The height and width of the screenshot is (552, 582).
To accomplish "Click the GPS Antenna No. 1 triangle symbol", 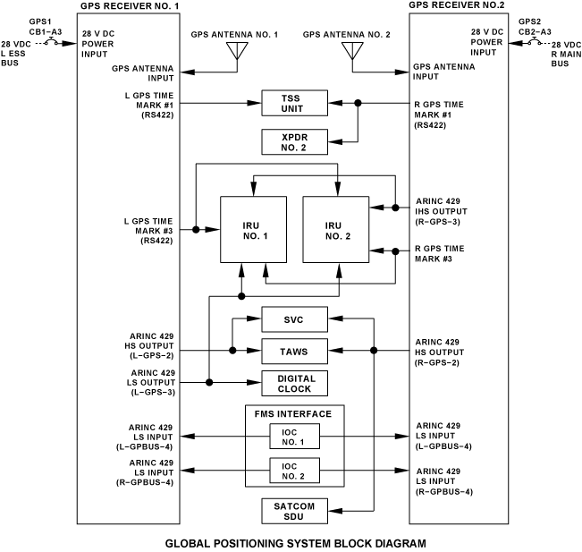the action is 237,51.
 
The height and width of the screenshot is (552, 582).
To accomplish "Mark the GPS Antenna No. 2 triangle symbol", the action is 352,51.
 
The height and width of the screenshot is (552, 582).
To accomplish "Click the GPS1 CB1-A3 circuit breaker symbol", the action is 51,42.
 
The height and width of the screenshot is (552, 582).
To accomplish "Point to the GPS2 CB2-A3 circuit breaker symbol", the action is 535,41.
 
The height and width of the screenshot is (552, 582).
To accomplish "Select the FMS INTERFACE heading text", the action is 293,414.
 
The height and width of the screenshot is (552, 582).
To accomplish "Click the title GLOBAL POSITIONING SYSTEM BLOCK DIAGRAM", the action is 295,543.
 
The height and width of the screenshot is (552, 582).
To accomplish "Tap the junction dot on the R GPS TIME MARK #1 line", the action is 358,103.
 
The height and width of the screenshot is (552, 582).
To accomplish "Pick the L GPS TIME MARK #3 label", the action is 148,231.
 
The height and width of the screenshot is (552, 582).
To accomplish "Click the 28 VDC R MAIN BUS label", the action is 566,54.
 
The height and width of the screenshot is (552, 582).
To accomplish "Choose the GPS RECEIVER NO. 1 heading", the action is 130,6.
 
